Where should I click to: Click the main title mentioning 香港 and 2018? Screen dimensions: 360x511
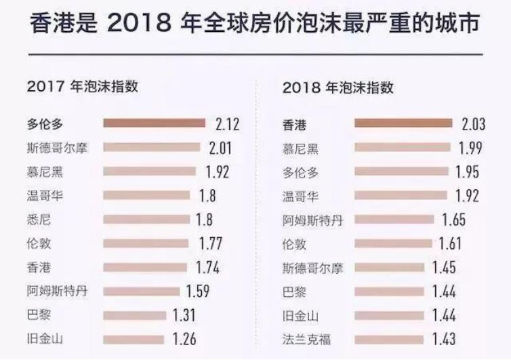pyautogui.click(x=255, y=25)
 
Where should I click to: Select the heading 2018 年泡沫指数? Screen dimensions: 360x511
pyautogui.click(x=338, y=87)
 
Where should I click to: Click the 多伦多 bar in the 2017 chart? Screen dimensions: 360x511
pyautogui.click(x=154, y=123)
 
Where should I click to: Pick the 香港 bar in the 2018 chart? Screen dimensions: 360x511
pyautogui.click(x=403, y=123)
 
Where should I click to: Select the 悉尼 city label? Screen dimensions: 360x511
pyautogui.click(x=40, y=219)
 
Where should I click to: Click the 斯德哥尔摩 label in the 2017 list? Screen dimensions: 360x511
pyautogui.click(x=59, y=147)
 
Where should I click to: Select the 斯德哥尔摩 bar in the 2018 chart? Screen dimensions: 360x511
pyautogui.click(x=389, y=267)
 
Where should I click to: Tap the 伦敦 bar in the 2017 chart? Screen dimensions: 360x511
pyautogui.click(x=145, y=243)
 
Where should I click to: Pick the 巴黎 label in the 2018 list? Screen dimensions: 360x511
pyautogui.click(x=292, y=291)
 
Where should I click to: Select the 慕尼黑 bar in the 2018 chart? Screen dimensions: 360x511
pyautogui.click(x=403, y=147)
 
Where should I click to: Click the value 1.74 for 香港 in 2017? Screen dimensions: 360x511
pyautogui.click(x=207, y=267)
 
